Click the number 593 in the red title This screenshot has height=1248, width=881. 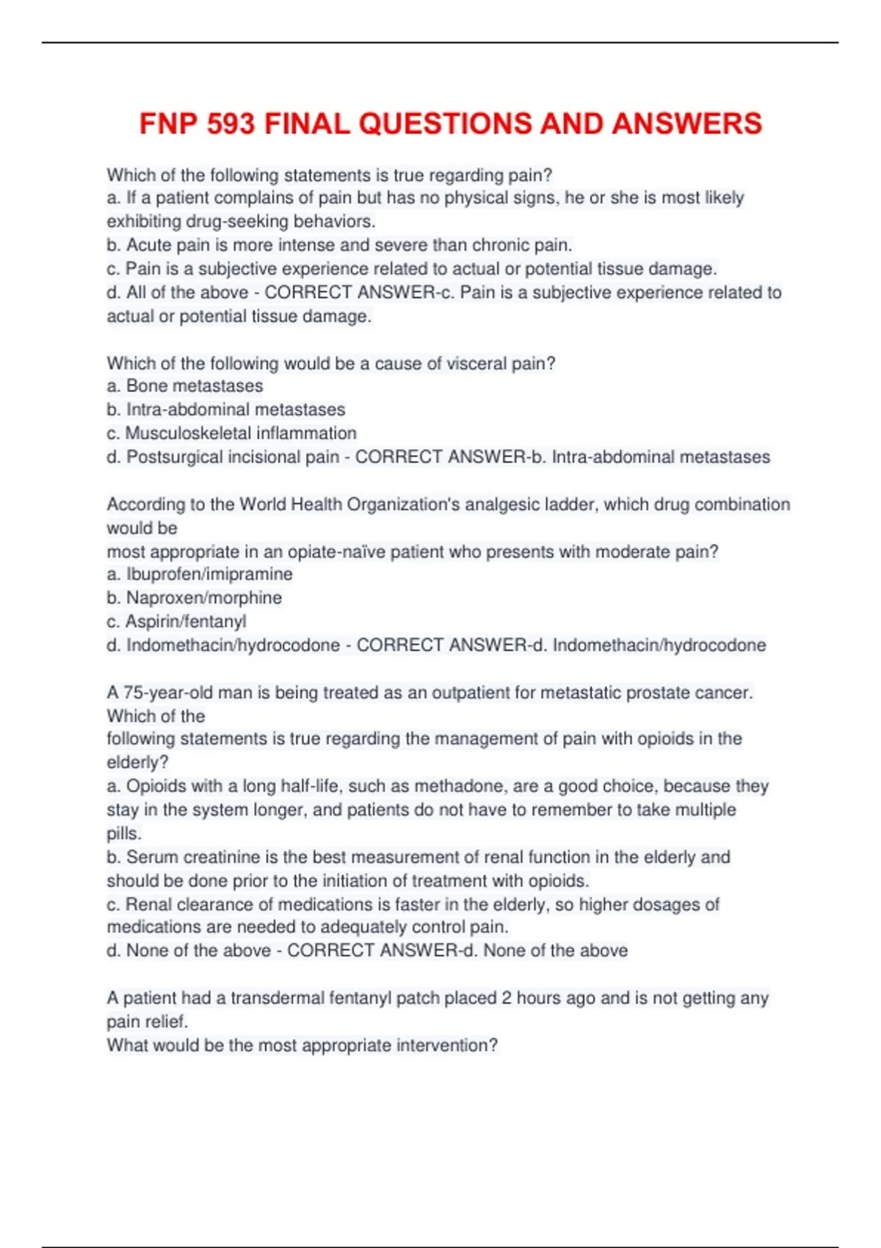(231, 123)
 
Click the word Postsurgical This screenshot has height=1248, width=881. (174, 457)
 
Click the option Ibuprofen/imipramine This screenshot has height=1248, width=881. (209, 574)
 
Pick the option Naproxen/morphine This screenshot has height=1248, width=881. (204, 598)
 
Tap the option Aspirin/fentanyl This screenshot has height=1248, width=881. (186, 621)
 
